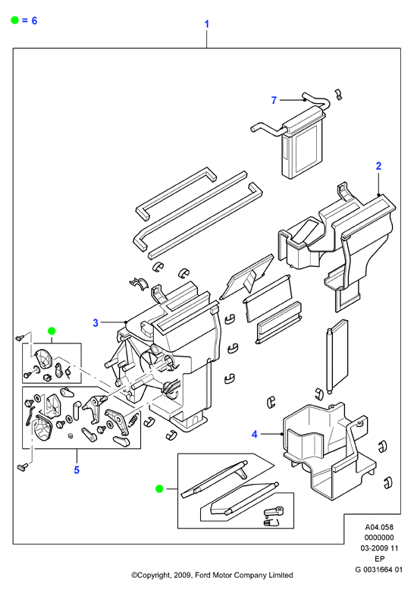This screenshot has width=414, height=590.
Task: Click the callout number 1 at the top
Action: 207,24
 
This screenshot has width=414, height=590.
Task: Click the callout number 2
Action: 378,166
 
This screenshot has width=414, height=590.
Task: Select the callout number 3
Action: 96,323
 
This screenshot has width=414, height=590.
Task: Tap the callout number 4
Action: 255,435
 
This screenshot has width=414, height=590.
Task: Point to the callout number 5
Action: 77,469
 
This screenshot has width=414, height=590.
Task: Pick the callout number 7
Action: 274,100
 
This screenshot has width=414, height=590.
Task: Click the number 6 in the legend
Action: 34,20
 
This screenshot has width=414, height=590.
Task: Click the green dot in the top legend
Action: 14,20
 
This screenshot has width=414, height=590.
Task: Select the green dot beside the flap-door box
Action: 159,489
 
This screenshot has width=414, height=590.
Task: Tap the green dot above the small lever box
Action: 52,331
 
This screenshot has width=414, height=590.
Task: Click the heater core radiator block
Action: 303,143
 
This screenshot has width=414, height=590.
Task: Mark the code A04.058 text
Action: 379,528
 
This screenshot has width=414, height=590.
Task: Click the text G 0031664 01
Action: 379,570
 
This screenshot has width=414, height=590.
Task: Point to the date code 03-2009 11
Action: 379,548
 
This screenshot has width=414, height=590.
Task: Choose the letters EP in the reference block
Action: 379,559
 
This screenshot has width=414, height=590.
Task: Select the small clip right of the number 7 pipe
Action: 338,95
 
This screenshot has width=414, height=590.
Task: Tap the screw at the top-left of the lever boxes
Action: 20,337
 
